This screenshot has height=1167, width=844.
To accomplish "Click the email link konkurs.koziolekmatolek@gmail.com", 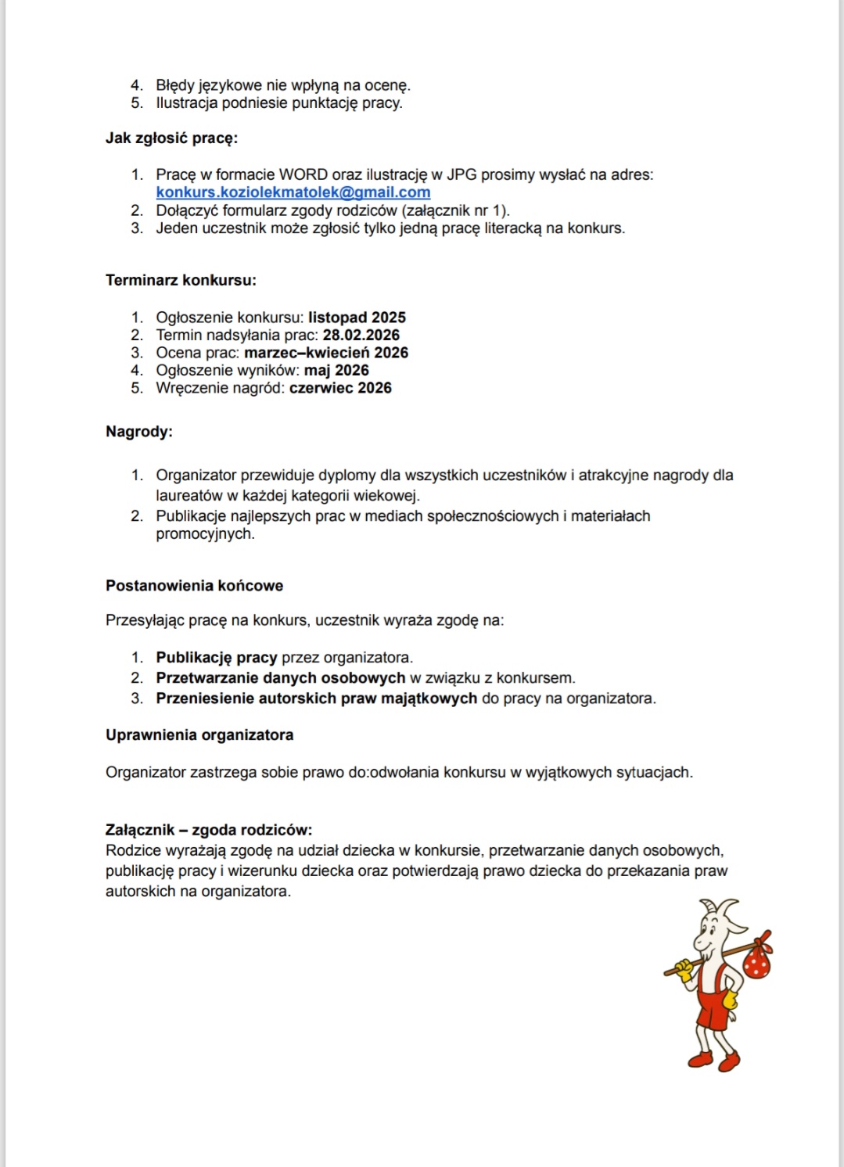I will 293,192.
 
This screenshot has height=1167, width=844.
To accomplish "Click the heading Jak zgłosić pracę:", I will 171,138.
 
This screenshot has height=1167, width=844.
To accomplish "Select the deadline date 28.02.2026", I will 361,335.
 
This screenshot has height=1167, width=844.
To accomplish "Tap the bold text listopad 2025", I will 357,318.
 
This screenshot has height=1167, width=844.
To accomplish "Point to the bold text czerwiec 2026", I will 340,388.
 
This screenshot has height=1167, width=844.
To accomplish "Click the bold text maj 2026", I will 336,370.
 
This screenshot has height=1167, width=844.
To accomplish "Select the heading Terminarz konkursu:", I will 181,280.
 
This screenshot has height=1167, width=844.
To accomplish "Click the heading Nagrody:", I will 139,432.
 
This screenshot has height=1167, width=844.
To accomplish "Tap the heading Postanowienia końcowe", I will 194,586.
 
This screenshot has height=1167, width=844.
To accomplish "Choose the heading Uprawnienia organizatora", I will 199,735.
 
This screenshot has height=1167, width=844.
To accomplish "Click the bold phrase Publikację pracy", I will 217,658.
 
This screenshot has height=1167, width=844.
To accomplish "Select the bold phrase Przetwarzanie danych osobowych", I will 281,678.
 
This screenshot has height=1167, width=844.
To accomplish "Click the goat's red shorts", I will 713,1010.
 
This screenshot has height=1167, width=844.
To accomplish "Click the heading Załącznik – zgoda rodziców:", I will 209,830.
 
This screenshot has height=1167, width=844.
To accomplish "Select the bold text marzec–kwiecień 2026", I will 326,353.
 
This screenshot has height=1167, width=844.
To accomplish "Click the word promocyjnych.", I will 204,534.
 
